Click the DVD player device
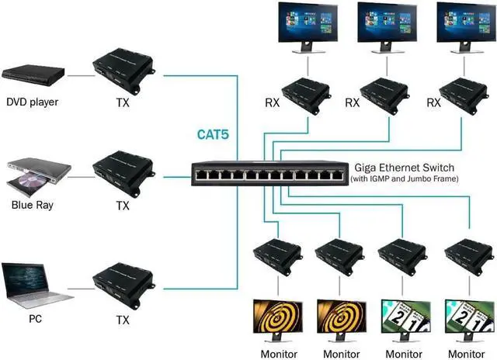coord(33,75)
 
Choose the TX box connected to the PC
coord(123,280)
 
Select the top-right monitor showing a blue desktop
coord(464,28)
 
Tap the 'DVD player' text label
coord(33,102)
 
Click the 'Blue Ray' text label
coord(32,206)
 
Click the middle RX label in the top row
coord(352,102)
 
